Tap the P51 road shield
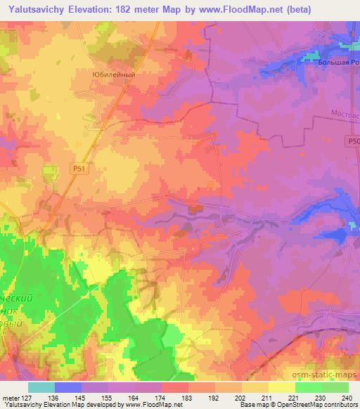click(x=79, y=169)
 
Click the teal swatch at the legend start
click(x=41, y=387)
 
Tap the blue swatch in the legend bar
click(x=67, y=387)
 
